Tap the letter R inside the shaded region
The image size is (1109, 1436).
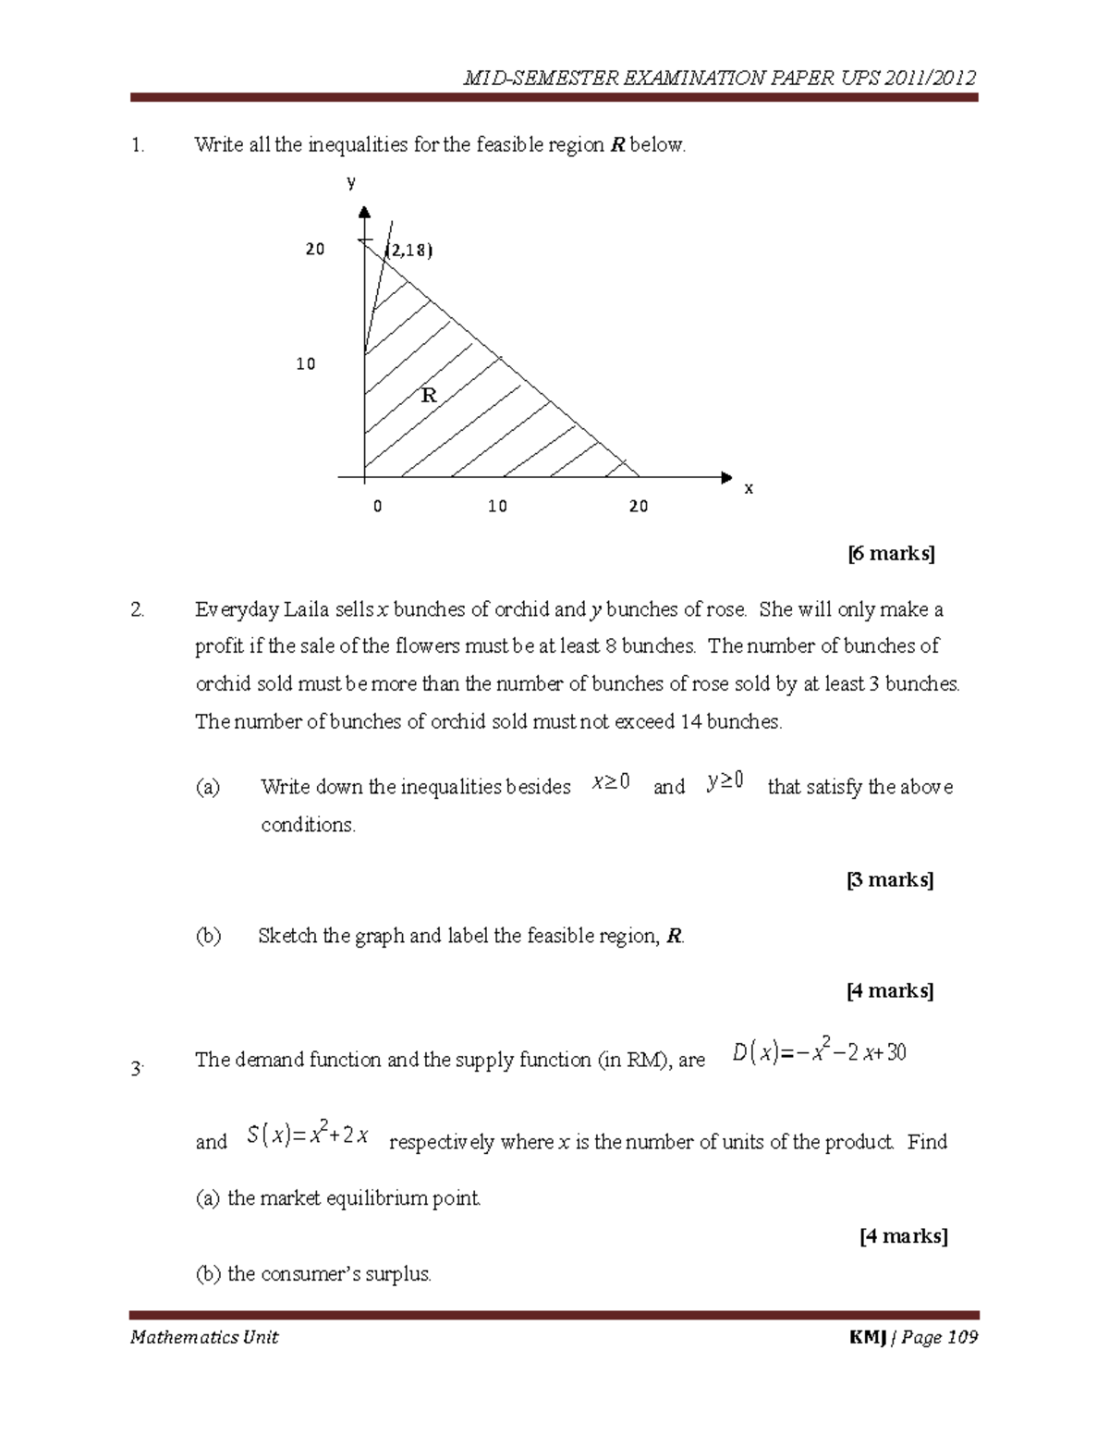coord(429,396)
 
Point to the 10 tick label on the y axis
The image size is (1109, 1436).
coord(306,364)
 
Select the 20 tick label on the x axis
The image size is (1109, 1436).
coord(639,507)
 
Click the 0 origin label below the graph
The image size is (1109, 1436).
coord(377,507)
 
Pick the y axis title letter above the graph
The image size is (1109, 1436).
coord(351,182)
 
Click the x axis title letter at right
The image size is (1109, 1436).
coord(749,488)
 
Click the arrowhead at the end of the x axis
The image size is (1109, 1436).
coord(725,478)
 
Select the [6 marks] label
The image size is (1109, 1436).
coord(891,554)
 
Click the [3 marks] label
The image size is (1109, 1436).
coord(890,879)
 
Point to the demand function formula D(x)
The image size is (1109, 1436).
coord(819,1052)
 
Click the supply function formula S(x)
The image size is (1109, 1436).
coord(309,1135)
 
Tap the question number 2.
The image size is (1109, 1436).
coord(137,610)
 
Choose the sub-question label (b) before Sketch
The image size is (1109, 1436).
coord(208,936)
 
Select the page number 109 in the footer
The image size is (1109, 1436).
coord(961,1337)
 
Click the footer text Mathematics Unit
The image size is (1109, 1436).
coord(204,1337)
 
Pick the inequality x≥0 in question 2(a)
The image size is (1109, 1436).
coord(611,783)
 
